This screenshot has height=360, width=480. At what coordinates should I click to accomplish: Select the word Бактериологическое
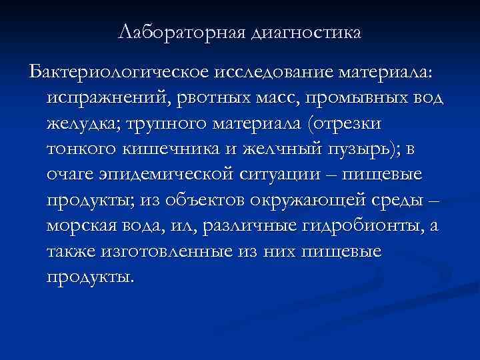118,71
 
